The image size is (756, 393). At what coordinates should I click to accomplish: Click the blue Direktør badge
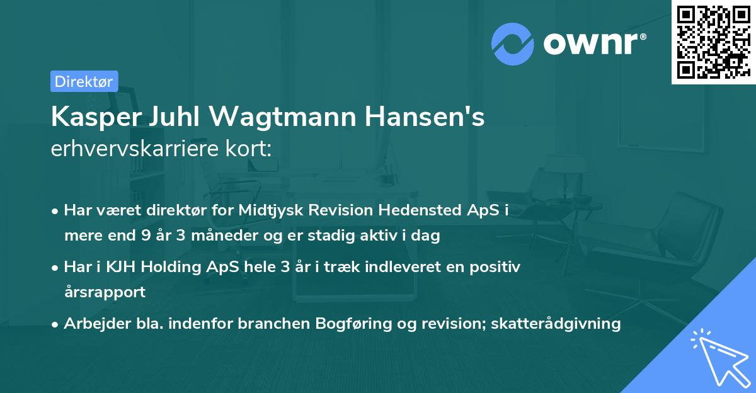coord(84,81)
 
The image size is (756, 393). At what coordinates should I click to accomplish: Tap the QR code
coord(713,42)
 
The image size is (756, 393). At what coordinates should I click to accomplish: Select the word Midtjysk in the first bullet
coord(267,210)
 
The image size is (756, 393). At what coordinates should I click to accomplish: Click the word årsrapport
coord(104,292)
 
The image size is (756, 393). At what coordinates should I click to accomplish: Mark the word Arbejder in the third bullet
coord(93,324)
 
